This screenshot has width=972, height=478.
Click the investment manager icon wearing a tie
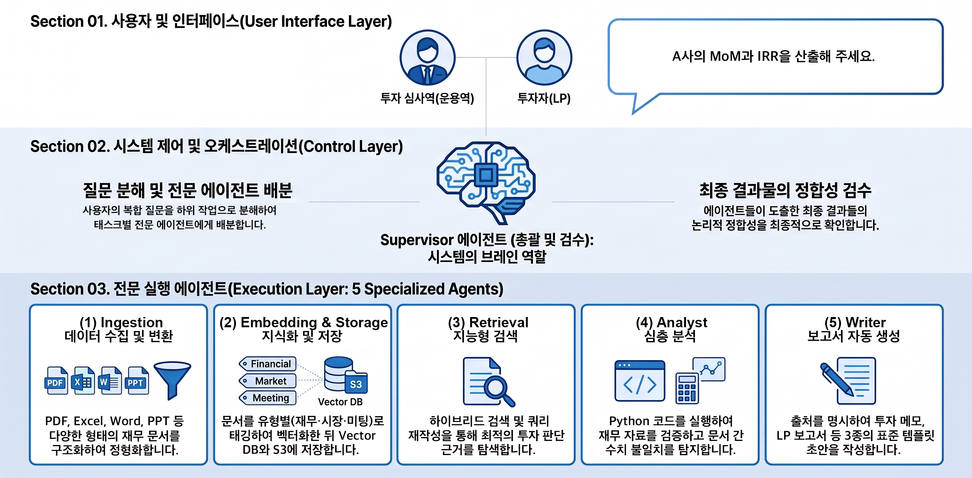427,57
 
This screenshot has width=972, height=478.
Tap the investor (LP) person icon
544,57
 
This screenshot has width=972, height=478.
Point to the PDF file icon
56,380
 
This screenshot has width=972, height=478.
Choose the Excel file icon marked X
83,380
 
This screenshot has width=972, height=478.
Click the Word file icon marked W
110,380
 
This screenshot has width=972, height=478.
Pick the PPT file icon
137,380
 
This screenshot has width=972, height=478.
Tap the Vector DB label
340,402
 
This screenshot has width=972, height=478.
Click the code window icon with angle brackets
640,381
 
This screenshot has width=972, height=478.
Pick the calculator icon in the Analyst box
687,388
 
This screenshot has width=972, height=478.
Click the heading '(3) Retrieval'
488,322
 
